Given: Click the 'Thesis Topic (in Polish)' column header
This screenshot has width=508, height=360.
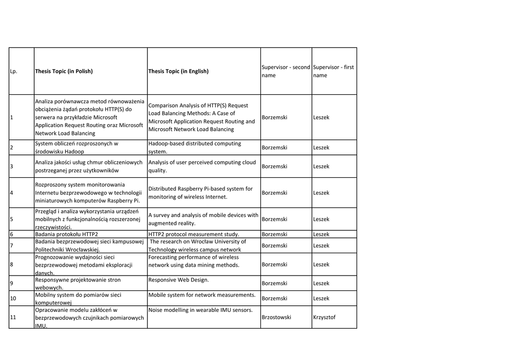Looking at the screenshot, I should click(64, 71).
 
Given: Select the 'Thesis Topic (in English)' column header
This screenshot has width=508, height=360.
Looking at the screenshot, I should click(179, 71).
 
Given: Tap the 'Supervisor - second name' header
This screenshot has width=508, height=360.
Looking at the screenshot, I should click(286, 71).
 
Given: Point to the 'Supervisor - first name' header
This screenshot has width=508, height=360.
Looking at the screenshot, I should click(333, 71).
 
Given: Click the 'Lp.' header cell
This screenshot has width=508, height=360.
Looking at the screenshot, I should click(13, 71).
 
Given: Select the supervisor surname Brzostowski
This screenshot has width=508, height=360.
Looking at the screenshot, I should click(276, 317).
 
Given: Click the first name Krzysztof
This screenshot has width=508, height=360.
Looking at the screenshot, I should click(324, 317).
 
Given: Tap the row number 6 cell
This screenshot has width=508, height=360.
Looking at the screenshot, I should click(11, 234).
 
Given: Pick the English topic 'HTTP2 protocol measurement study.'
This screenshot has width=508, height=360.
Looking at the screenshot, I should click(193, 234).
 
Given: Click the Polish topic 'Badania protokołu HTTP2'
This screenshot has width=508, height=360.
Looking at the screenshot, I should click(66, 234).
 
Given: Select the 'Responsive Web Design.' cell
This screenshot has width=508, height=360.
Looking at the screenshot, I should click(179, 280).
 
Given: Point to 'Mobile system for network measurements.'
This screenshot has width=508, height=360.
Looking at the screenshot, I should click(201, 295).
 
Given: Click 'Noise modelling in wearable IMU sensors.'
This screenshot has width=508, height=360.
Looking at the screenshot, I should click(200, 310).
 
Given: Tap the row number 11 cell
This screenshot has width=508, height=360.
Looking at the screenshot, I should click(13, 317).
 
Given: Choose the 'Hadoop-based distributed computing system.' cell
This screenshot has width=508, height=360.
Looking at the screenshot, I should click(194, 147).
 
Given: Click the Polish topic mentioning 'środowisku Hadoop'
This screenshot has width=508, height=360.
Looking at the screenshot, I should click(77, 147).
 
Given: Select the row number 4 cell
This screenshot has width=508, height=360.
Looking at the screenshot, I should click(11, 193).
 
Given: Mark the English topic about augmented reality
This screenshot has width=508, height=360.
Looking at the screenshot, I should click(203, 219).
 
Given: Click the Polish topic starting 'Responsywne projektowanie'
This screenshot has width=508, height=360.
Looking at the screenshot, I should click(77, 284).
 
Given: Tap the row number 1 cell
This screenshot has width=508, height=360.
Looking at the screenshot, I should click(11, 117).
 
